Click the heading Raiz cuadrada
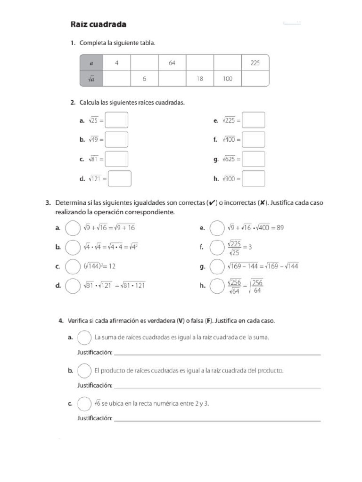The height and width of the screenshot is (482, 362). click(x=98, y=24)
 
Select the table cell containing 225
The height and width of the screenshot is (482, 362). click(x=255, y=63)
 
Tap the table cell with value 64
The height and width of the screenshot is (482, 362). click(x=172, y=63)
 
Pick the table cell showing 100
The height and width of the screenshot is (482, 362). click(x=228, y=79)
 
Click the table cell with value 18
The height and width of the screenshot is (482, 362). click(x=200, y=79)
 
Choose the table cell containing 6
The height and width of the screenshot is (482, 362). click(x=144, y=79)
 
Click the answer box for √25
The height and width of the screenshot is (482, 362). click(x=116, y=120)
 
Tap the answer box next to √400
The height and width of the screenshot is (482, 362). click(x=254, y=140)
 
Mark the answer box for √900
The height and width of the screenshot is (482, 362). click(x=254, y=179)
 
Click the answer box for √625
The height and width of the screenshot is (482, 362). click(x=254, y=159)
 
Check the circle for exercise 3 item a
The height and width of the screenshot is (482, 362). click(x=73, y=228)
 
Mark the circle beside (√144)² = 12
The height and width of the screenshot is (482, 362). click(x=73, y=266)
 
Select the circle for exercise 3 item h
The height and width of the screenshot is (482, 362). click(x=217, y=286)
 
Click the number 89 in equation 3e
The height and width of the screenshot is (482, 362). click(x=280, y=228)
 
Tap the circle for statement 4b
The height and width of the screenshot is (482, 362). click(x=84, y=371)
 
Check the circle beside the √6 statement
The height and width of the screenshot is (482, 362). click(x=84, y=404)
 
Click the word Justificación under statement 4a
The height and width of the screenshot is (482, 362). click(x=95, y=353)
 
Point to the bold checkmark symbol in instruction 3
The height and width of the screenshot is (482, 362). click(x=213, y=203)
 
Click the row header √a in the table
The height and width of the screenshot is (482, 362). click(x=91, y=79)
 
